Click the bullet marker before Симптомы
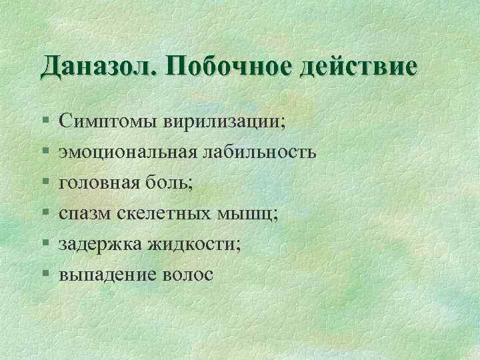pos(45,123)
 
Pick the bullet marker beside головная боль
pos(45,184)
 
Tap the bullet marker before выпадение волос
pos(45,275)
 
